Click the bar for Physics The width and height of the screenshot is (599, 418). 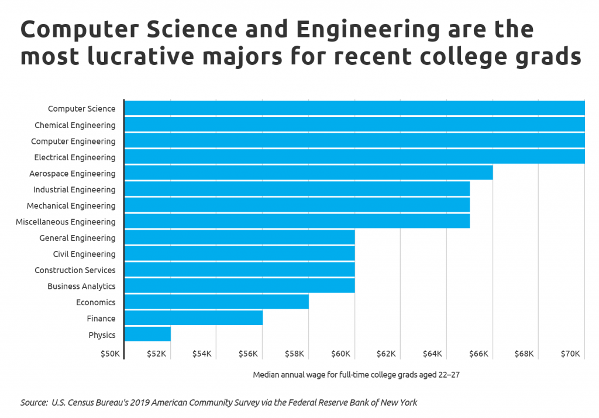pyautogui.click(x=147, y=334)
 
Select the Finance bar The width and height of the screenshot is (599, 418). pyautogui.click(x=194, y=318)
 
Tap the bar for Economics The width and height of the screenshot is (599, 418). pyautogui.click(x=216, y=302)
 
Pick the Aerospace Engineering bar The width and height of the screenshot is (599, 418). pyautogui.click(x=308, y=173)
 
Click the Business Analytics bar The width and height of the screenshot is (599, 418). pyautogui.click(x=239, y=286)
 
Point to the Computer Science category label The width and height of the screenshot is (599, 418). pyautogui.click(x=81, y=109)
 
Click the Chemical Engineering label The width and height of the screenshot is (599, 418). pyautogui.click(x=75, y=125)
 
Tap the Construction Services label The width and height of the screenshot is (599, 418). pyautogui.click(x=75, y=270)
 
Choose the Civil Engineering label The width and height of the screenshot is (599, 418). pyautogui.click(x=84, y=254)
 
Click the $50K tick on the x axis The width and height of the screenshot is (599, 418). pyautogui.click(x=110, y=354)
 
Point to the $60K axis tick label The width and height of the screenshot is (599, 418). pyautogui.click(x=340, y=354)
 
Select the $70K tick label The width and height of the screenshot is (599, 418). pyautogui.click(x=570, y=354)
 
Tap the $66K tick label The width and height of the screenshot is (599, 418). pyautogui.click(x=478, y=354)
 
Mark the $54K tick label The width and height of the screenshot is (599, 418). pyautogui.click(x=202, y=354)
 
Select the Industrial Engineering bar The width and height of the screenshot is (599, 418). pyautogui.click(x=297, y=189)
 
